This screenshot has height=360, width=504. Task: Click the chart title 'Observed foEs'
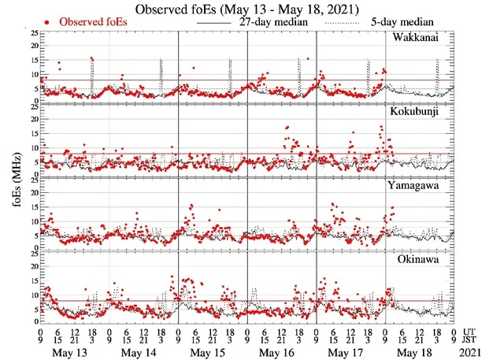coord(252,9)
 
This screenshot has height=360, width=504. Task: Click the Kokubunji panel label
coord(418,111)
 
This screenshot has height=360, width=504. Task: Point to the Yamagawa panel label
coord(418,184)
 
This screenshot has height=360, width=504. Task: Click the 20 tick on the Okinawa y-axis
coord(32,266)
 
